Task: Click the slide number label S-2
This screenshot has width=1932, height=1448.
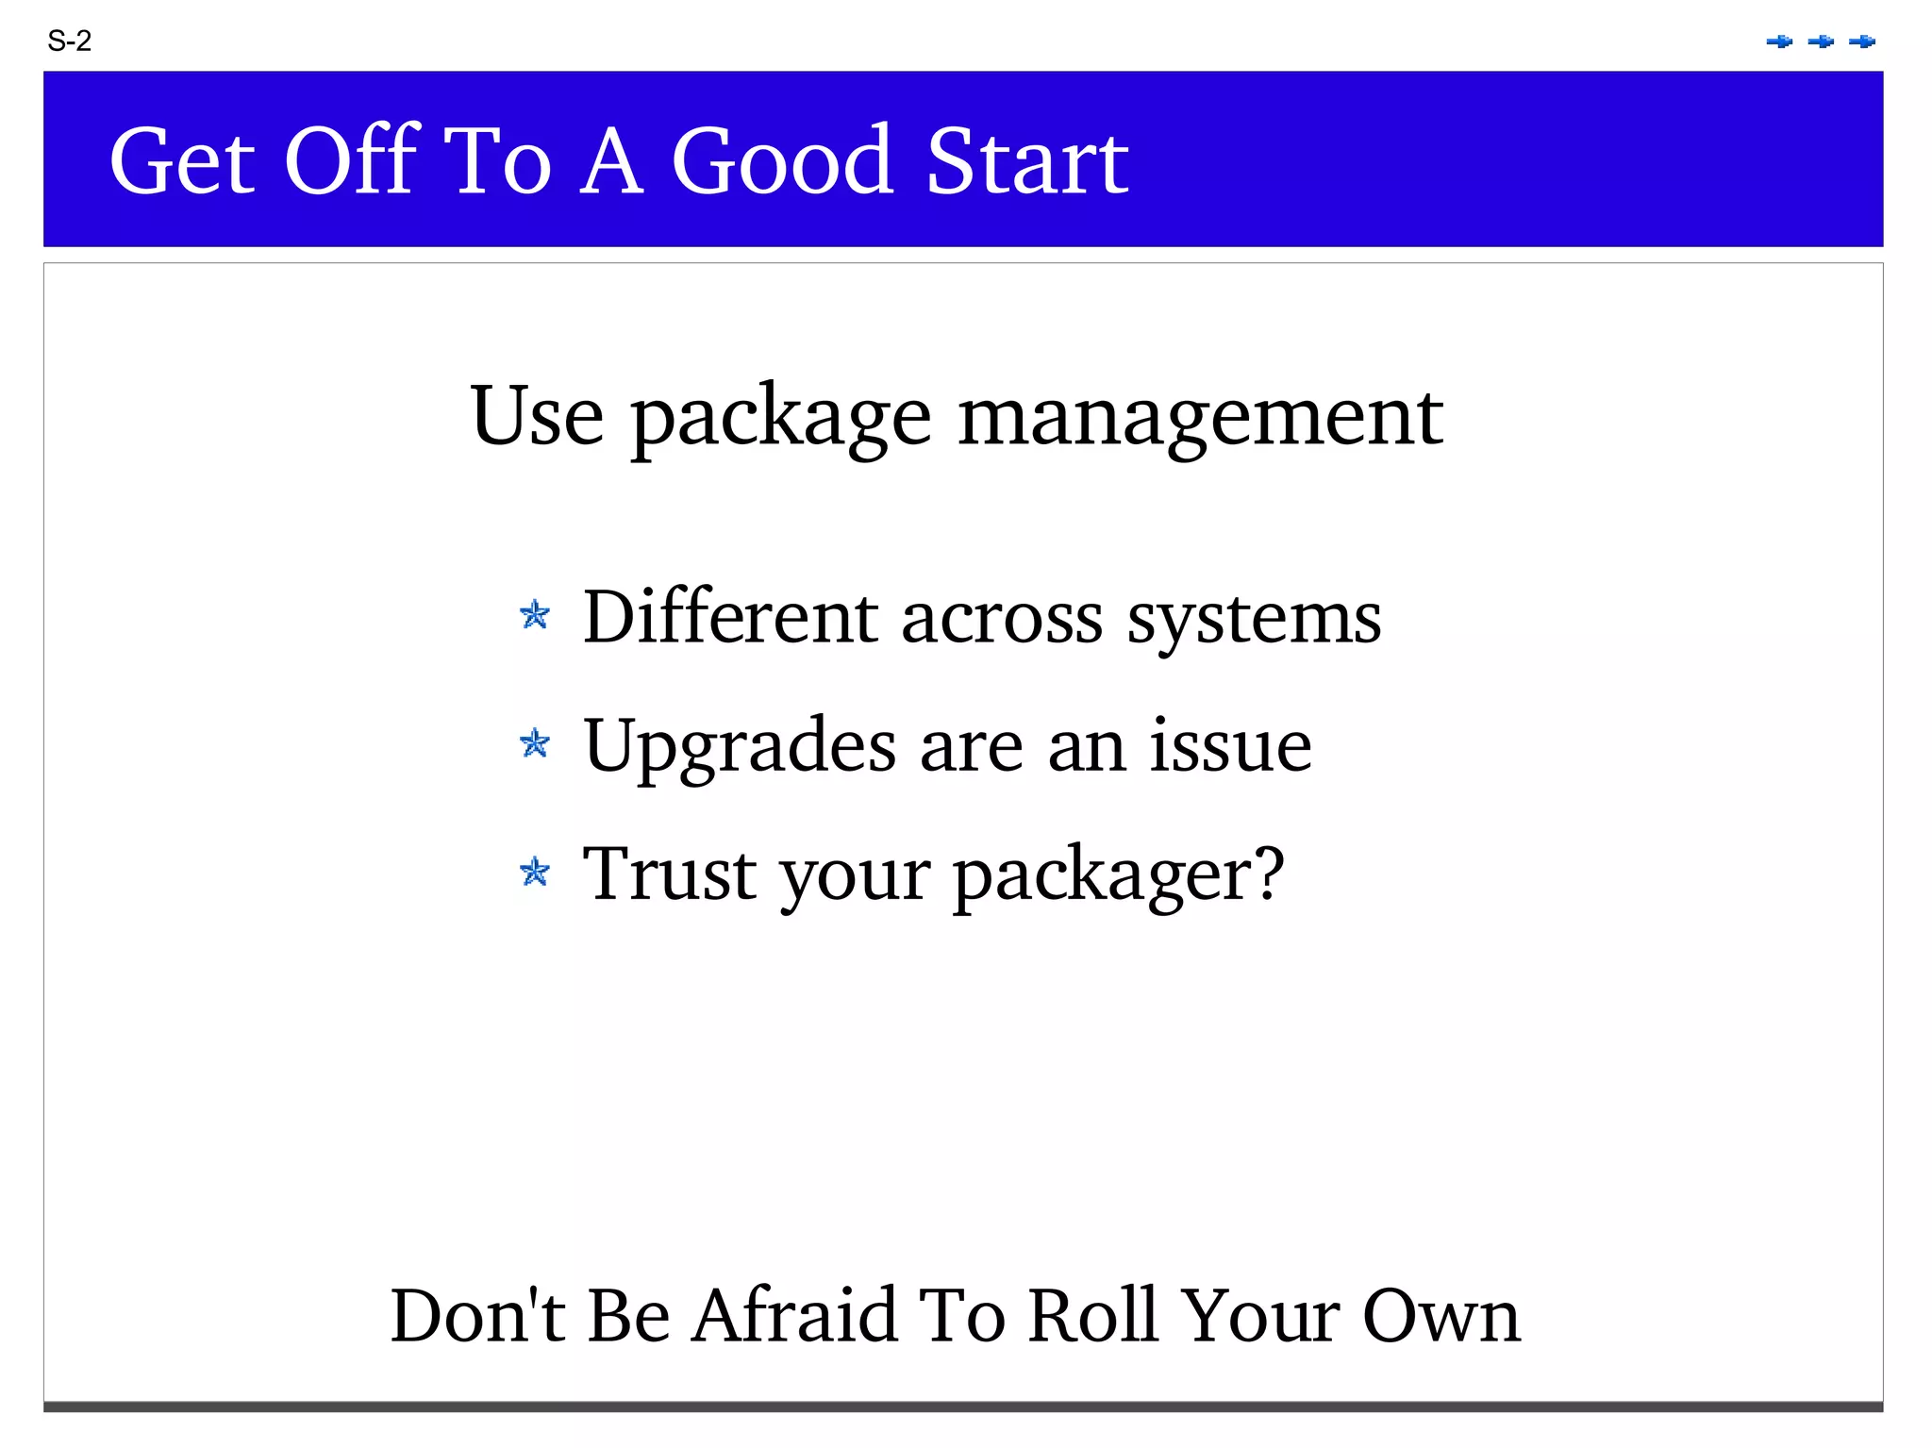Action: point(69,42)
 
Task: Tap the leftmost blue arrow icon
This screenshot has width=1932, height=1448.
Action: point(1779,42)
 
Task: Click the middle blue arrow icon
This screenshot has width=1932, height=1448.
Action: point(1821,42)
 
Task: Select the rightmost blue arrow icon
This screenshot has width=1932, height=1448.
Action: point(1862,42)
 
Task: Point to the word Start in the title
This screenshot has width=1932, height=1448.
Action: point(1027,161)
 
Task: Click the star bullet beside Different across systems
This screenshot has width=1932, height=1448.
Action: point(535,615)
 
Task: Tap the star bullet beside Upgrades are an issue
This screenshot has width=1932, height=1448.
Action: point(535,743)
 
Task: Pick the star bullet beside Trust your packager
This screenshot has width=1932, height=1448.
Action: point(535,872)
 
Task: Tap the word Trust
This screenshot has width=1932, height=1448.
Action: point(669,874)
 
